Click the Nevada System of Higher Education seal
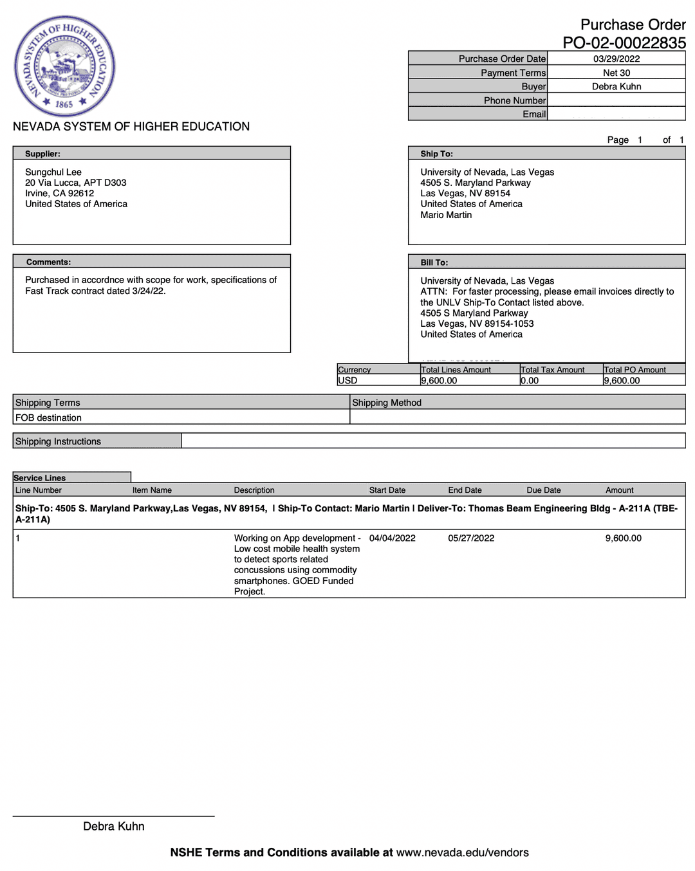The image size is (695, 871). tap(64, 66)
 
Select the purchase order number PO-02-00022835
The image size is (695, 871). tap(624, 43)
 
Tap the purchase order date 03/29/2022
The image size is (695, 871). tap(616, 59)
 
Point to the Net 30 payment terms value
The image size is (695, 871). tap(616, 73)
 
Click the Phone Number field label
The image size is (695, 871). tap(514, 100)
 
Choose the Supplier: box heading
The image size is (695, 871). tap(42, 154)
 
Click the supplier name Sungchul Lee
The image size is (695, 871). tap(53, 172)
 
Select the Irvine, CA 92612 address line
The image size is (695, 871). tap(59, 193)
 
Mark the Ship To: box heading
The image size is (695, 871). tap(436, 154)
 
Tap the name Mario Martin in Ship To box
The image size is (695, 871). tap(446, 215)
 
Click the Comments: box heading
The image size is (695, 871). tap(48, 262)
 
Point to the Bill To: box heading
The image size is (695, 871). tap(434, 262)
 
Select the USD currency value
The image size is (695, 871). tap(347, 380)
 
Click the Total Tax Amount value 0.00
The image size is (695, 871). tap(530, 380)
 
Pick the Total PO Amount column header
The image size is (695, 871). tap(635, 370)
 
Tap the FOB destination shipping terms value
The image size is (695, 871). tap(48, 417)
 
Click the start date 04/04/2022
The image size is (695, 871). tap(392, 538)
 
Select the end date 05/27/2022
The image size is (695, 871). tap(471, 538)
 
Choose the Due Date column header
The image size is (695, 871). tap(543, 490)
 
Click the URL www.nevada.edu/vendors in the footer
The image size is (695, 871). tap(462, 852)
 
